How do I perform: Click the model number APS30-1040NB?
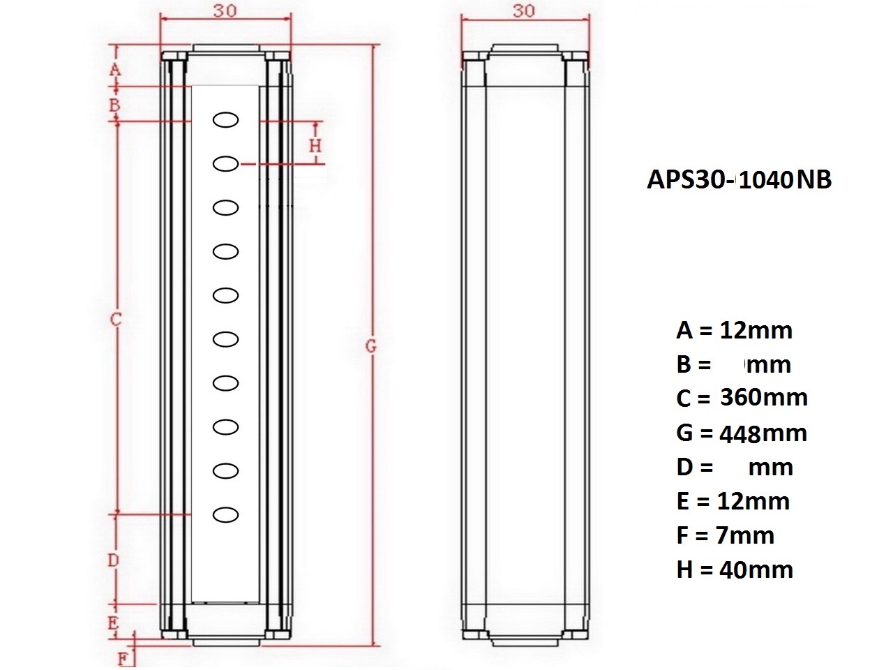(x=739, y=180)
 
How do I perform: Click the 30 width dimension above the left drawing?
(x=225, y=11)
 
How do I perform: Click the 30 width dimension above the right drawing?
(x=524, y=11)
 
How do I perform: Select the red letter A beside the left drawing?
(x=115, y=70)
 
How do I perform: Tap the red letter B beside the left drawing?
(x=114, y=105)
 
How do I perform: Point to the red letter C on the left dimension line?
(x=116, y=320)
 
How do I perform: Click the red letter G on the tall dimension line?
(x=370, y=347)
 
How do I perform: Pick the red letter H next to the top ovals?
(x=316, y=145)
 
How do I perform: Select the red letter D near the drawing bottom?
(x=113, y=560)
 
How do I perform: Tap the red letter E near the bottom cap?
(x=113, y=623)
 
